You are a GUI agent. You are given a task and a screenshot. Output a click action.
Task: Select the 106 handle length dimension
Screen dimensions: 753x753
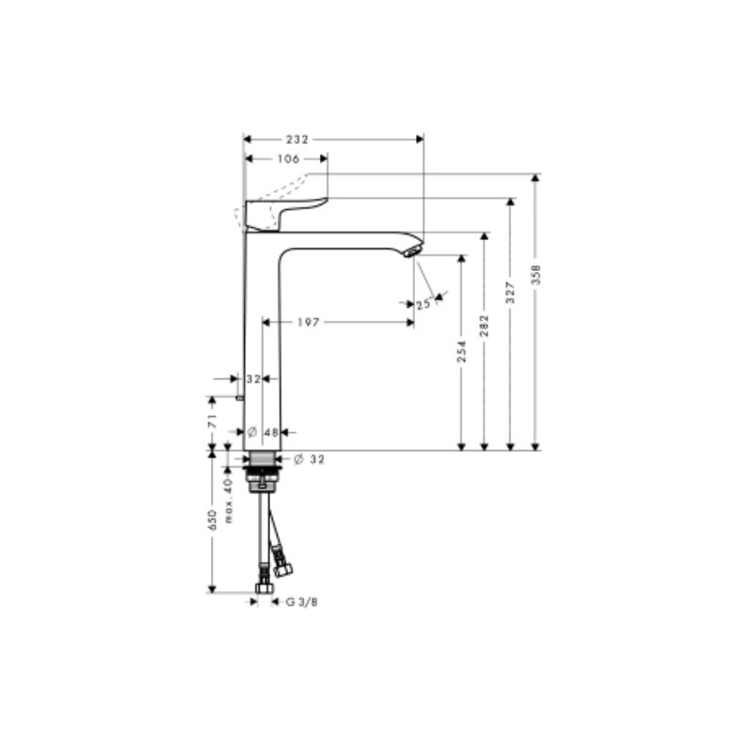pos(289,159)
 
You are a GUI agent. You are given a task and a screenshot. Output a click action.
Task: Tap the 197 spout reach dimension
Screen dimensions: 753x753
pos(310,323)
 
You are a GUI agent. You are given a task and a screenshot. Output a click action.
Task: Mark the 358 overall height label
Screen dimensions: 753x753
pos(537,274)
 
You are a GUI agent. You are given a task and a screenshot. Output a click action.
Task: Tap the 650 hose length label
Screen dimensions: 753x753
pos(214,520)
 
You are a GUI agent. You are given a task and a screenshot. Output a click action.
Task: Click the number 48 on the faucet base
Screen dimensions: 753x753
pos(270,432)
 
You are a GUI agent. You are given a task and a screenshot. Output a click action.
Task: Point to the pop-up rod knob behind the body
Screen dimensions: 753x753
pos(242,398)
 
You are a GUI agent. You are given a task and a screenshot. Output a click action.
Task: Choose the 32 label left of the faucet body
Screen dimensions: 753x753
pos(252,378)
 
